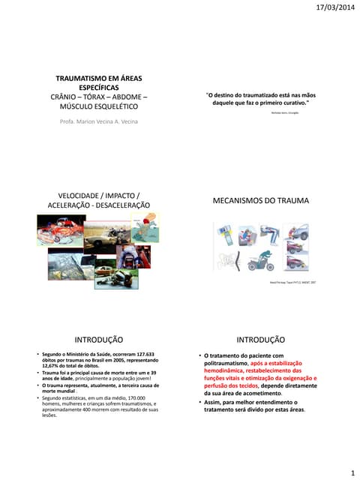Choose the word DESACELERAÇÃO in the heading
tap(121, 205)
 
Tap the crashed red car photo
tap(52, 229)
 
